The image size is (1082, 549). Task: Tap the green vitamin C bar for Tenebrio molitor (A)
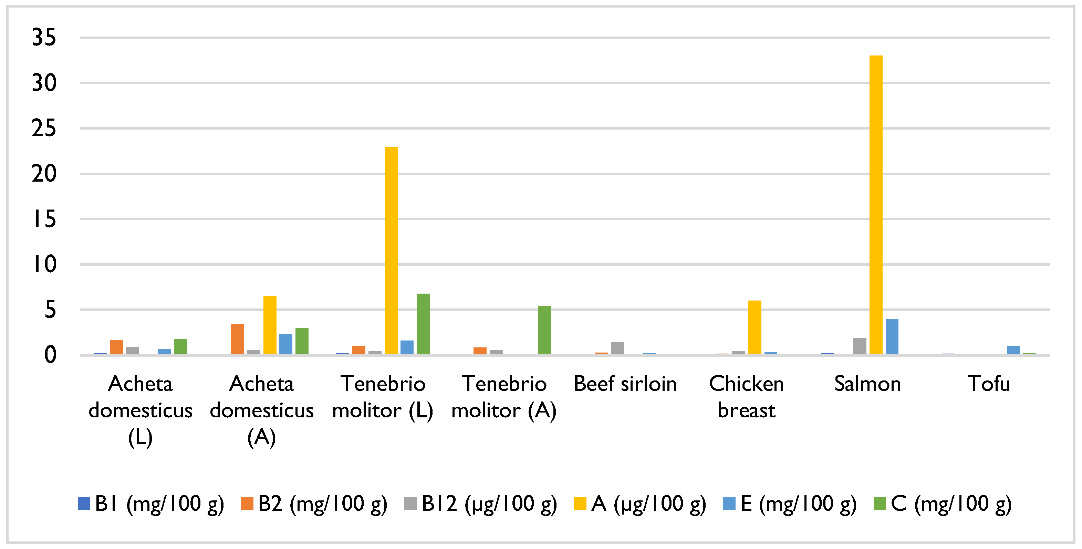coord(544,330)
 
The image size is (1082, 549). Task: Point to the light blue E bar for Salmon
coord(892,336)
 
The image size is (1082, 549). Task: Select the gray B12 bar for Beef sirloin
coord(617,348)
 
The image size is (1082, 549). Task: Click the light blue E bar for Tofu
coord(1013,350)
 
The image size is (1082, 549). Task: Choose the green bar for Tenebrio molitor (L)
coord(423,324)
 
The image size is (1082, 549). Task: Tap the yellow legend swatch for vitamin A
coord(580,504)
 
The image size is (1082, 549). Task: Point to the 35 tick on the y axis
coord(44,38)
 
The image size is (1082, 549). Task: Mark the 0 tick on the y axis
coord(50,355)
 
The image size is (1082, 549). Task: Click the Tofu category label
coord(989,384)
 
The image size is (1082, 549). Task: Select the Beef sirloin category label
coord(625,384)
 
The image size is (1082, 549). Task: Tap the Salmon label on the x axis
coord(867,384)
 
